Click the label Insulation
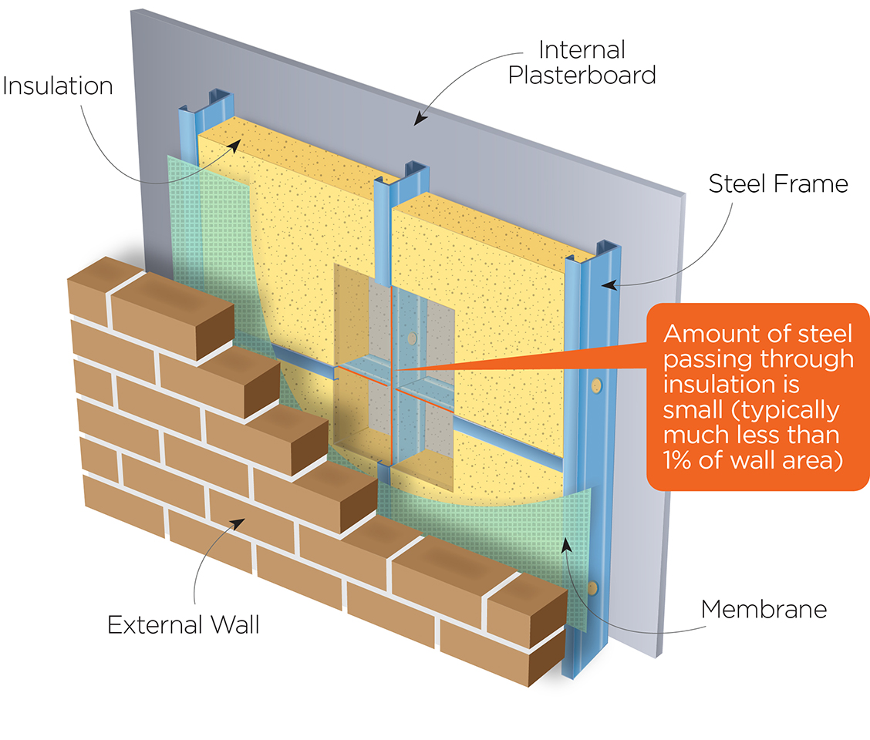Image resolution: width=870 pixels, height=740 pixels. click(x=57, y=85)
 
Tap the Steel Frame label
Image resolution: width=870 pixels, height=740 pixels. click(x=778, y=183)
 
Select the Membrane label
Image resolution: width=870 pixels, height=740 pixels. click(x=764, y=609)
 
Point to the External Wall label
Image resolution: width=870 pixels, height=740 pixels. click(x=184, y=624)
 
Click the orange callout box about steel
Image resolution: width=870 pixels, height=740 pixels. click(x=759, y=396)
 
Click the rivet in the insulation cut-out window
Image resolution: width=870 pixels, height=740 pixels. click(x=413, y=338)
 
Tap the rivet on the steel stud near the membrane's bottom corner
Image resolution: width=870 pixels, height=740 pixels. click(x=593, y=588)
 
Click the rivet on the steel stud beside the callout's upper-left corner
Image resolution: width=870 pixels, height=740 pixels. click(x=595, y=383)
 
